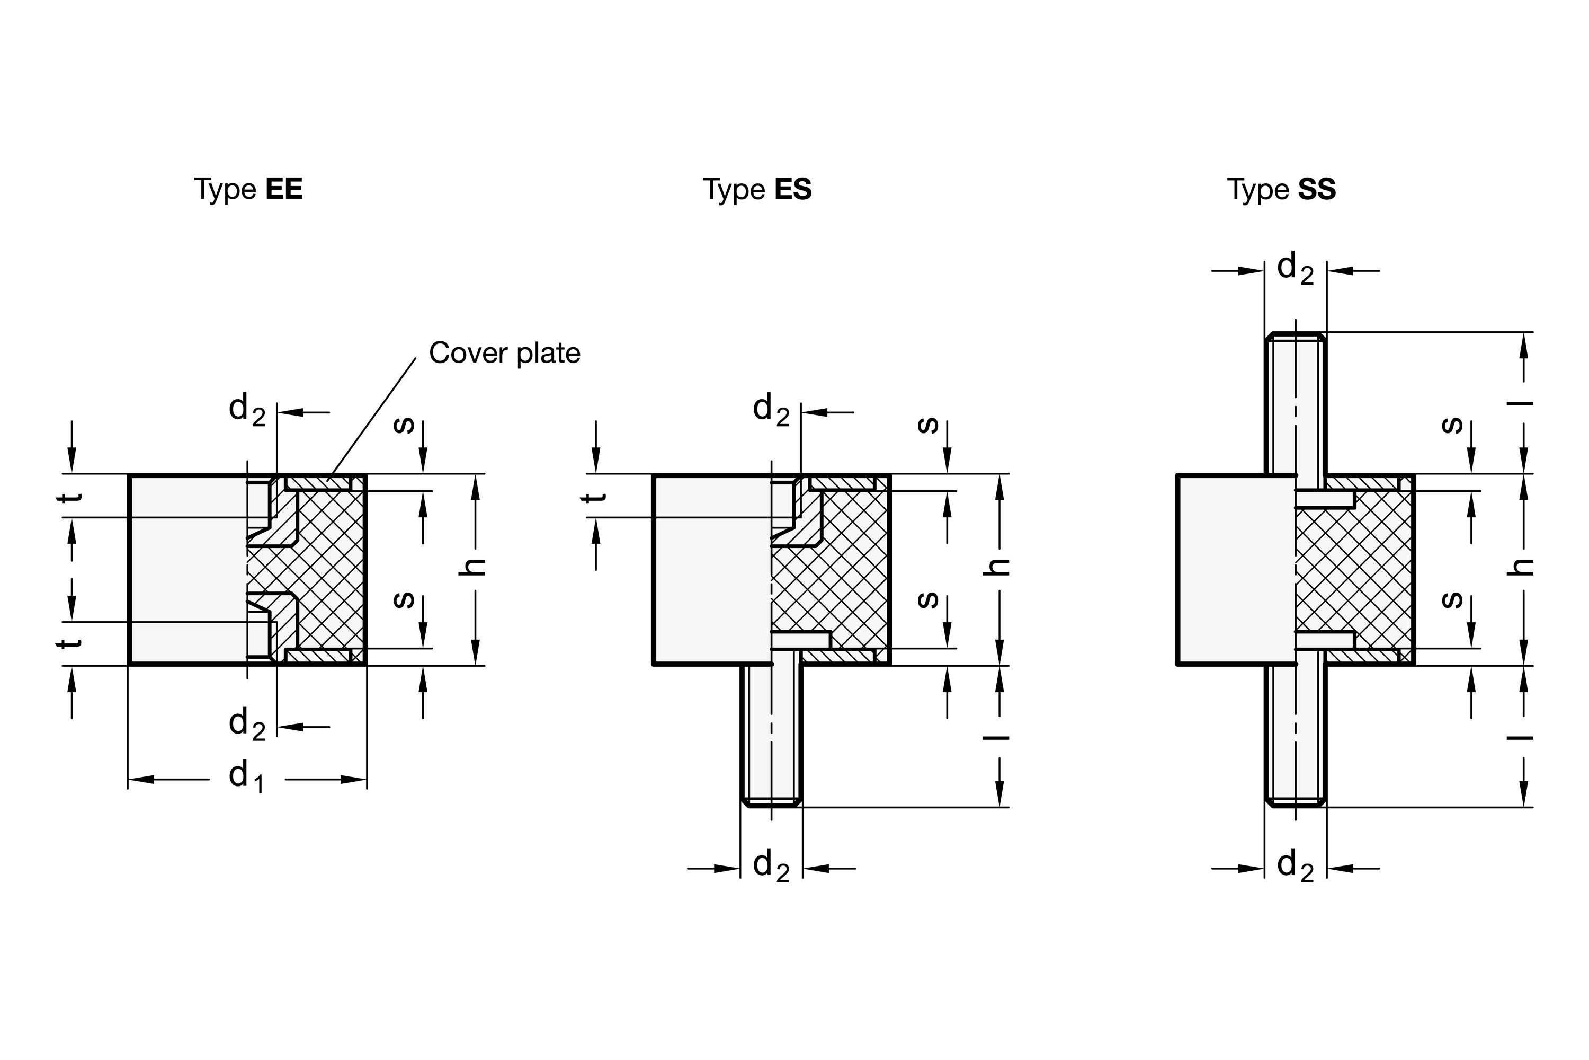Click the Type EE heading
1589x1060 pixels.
tap(248, 189)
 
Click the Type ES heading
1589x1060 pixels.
tap(757, 189)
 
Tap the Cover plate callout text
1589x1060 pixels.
tap(504, 353)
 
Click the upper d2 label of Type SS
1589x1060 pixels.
tap(1295, 268)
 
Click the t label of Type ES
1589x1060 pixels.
tap(594, 498)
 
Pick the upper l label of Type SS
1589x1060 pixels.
tap(1521, 403)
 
